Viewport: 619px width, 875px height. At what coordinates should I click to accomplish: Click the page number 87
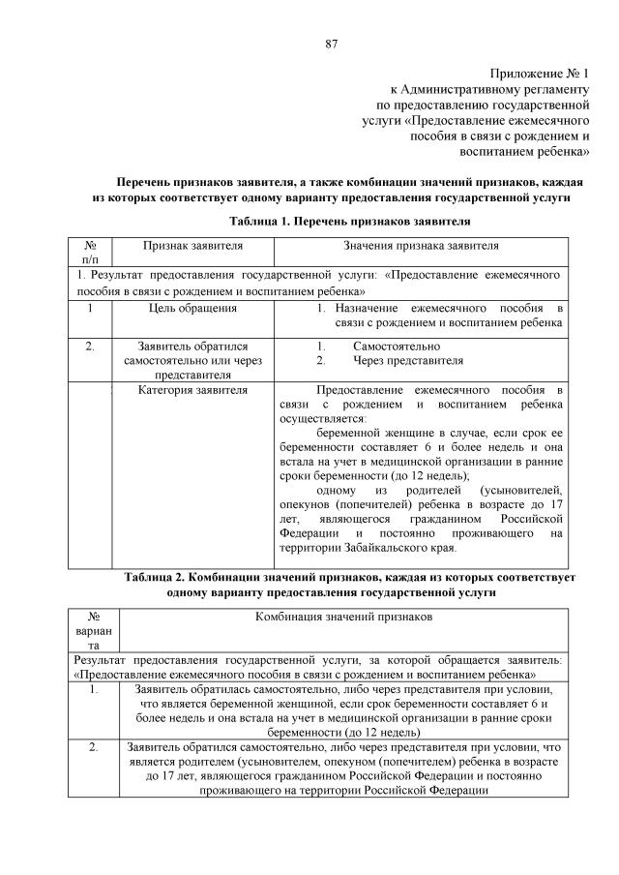coord(331,44)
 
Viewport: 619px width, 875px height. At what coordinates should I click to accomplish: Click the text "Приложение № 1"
coord(540,74)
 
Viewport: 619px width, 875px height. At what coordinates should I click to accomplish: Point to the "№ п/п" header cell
coord(91,254)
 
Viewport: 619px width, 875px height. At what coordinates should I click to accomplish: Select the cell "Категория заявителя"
coord(192,391)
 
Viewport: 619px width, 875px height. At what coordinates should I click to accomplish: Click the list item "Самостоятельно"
coord(397,347)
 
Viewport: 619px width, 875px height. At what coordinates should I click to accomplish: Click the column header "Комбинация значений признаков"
coord(343,617)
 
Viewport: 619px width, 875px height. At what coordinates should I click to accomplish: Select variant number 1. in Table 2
coord(94,690)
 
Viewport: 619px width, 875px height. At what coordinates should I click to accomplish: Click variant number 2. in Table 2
coord(94,747)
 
